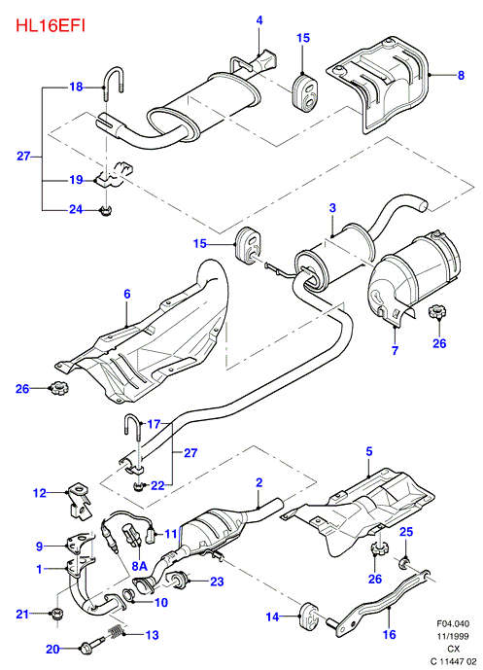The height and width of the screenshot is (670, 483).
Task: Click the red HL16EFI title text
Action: tap(51, 25)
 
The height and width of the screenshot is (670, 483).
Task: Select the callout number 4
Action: tap(259, 20)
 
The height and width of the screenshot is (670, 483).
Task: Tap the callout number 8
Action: tap(461, 75)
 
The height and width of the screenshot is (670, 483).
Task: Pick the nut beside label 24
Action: tap(104, 210)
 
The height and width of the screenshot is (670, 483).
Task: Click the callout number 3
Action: tap(332, 208)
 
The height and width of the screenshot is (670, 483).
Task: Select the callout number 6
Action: tap(127, 294)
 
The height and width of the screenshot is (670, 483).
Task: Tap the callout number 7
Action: tap(395, 350)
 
